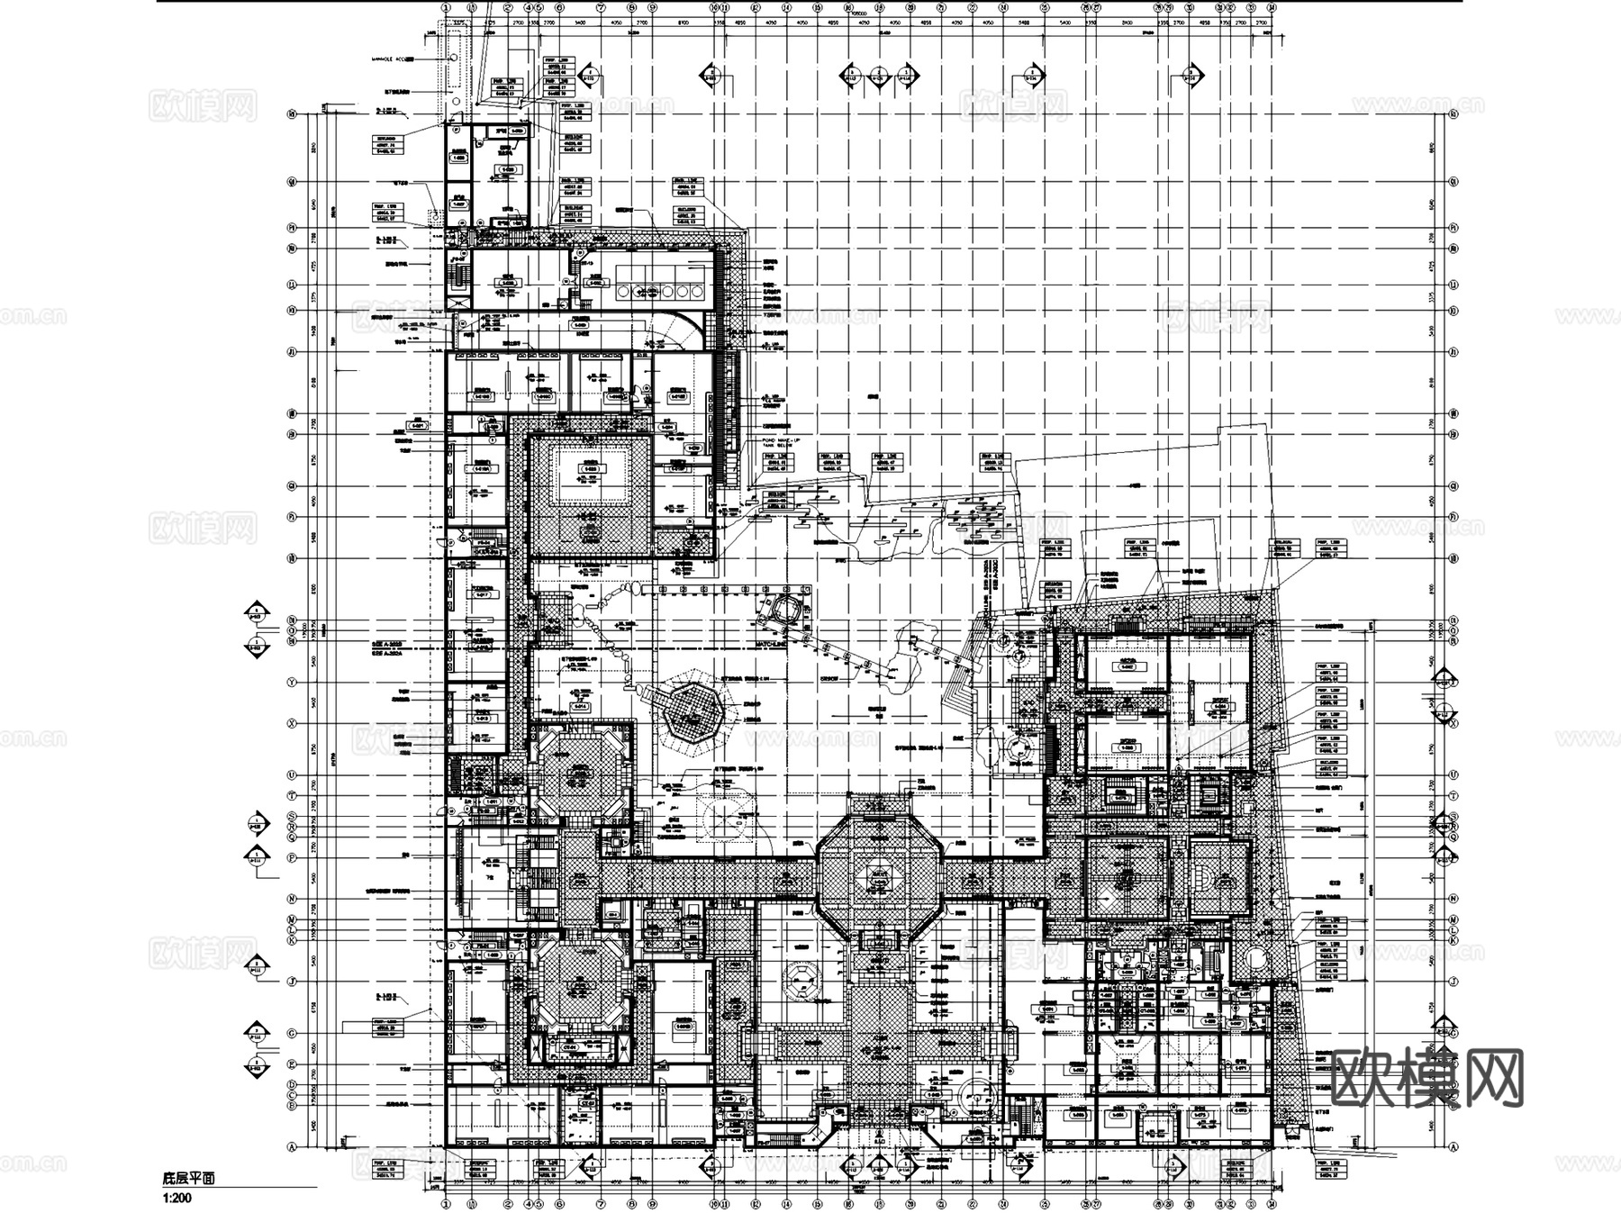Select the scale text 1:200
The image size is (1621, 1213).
pos(177,1198)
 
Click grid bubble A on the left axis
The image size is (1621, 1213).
pos(292,1147)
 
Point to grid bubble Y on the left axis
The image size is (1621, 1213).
pos(292,683)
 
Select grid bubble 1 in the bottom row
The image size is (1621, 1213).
pos(445,1202)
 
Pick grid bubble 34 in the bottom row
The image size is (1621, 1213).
pos(1271,1202)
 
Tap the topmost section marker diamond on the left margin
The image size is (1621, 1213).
pos(258,614)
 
